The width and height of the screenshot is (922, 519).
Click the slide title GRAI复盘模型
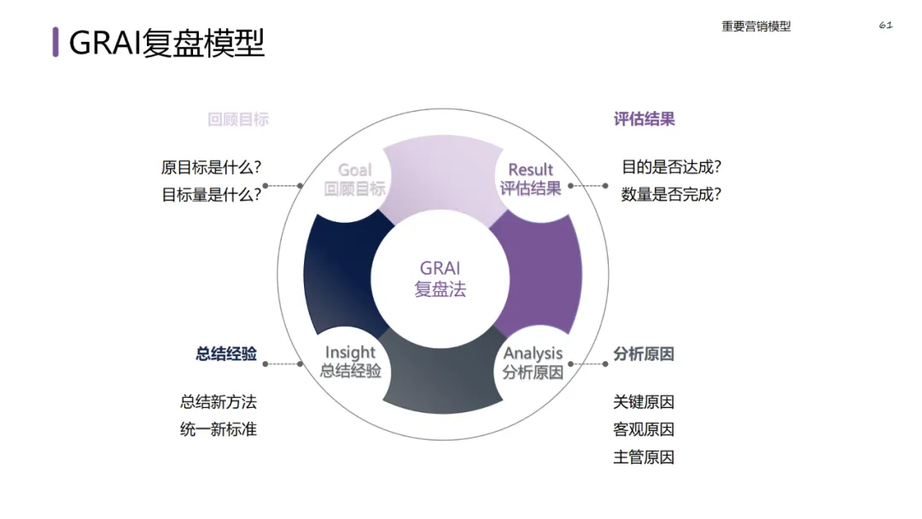point(166,42)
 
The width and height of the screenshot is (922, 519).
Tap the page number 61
point(885,26)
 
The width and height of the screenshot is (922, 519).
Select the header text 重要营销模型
point(756,26)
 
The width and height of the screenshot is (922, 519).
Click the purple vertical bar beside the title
point(55,42)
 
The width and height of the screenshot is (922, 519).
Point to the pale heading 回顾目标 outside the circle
point(238,120)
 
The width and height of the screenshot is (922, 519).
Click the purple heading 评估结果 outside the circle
point(644,120)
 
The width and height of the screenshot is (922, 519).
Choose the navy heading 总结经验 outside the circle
point(226,353)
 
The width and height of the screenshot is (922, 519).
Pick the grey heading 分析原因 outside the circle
point(644,353)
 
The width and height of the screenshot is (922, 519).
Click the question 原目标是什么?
point(211,167)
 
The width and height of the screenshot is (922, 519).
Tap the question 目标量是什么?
point(211,195)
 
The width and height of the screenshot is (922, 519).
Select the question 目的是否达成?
point(672,167)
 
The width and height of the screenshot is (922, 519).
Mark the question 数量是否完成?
point(672,195)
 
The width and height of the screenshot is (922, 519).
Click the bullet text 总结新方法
point(219,402)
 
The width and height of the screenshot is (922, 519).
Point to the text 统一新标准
point(219,429)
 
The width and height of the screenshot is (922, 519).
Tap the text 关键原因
point(644,402)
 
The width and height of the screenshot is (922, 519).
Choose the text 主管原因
point(644,458)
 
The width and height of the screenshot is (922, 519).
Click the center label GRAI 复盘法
point(441,278)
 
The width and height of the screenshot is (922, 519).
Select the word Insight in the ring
point(350,353)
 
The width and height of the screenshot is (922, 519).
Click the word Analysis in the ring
point(533,353)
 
